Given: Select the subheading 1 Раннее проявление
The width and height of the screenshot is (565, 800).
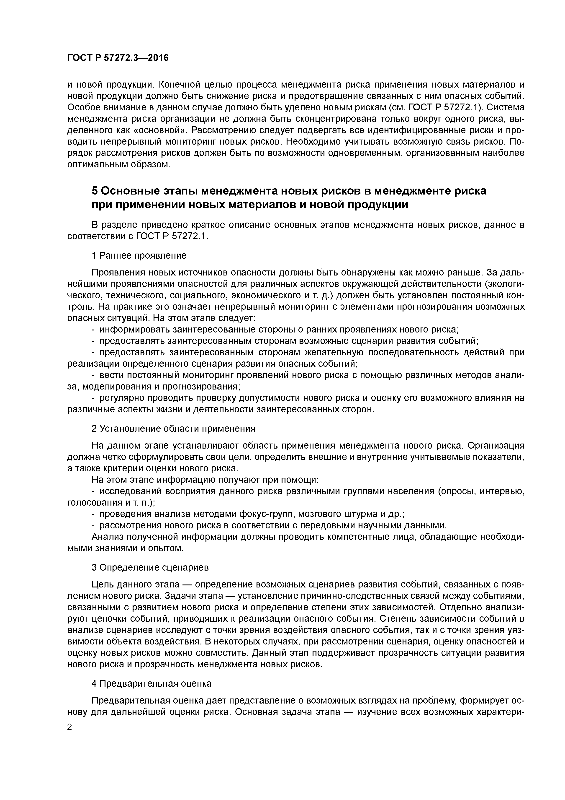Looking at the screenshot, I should (x=139, y=255).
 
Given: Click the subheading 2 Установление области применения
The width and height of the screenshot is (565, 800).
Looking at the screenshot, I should (x=173, y=429).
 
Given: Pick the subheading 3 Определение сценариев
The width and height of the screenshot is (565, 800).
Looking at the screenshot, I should (x=150, y=567).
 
